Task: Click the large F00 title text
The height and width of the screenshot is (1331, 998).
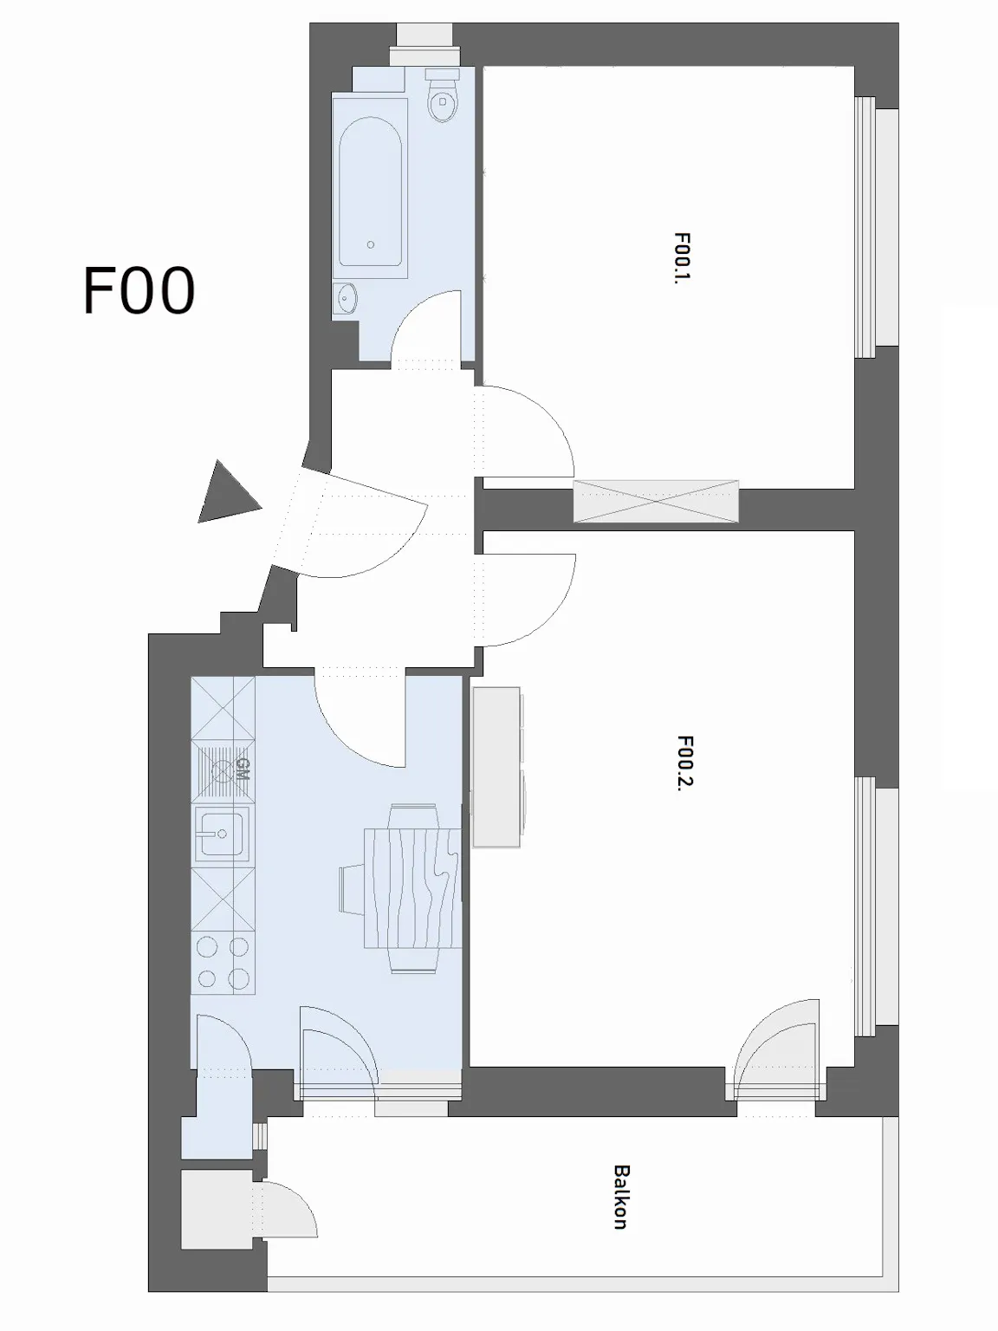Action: point(139,291)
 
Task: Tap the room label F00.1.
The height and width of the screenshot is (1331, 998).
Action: point(682,257)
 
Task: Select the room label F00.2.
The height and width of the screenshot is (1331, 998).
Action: point(684,763)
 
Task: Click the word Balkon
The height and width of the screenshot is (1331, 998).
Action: point(620,1197)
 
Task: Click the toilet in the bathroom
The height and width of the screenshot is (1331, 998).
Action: point(443,99)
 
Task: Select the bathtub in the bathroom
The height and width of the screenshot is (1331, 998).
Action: point(370,191)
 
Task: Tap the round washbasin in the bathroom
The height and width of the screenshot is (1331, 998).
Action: point(347,299)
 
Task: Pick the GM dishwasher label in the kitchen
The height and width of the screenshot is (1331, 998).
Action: point(241,769)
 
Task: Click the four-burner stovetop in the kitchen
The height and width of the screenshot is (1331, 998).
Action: point(223,963)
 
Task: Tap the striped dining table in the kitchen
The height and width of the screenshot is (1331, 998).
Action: point(412,888)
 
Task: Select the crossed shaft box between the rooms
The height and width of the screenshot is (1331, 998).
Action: point(656,501)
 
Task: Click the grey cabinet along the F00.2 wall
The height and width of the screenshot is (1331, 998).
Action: point(497,768)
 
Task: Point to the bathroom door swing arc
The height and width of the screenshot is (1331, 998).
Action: point(424,325)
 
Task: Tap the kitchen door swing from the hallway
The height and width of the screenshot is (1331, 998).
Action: point(360,719)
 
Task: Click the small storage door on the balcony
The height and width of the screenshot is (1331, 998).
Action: point(286,1210)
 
